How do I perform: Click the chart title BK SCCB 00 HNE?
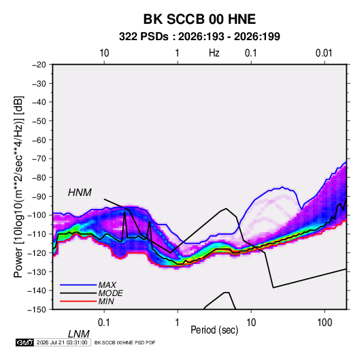[x=199, y=19]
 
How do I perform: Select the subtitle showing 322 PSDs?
[x=199, y=37]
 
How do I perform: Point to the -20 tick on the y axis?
[x=39, y=65]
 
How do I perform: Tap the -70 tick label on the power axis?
[x=39, y=159]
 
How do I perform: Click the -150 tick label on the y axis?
[x=37, y=310]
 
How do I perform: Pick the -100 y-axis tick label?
[x=37, y=215]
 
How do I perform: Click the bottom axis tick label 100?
[x=325, y=323]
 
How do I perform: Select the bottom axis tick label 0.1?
[x=104, y=323]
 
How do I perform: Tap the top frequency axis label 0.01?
[x=324, y=53]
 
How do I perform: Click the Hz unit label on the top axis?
[x=214, y=53]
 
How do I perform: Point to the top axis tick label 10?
[x=104, y=53]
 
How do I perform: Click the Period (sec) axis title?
[x=214, y=330]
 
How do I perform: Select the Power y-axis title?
[x=18, y=186]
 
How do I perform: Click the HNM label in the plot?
[x=80, y=193]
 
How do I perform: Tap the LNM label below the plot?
[x=78, y=334]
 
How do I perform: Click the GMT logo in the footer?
[x=25, y=342]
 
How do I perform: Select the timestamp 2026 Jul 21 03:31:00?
[x=62, y=342]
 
